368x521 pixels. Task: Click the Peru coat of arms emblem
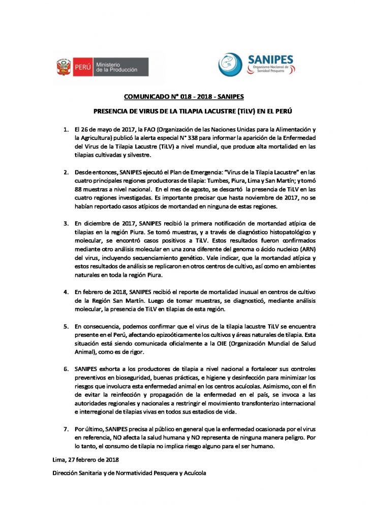[x=64, y=67]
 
